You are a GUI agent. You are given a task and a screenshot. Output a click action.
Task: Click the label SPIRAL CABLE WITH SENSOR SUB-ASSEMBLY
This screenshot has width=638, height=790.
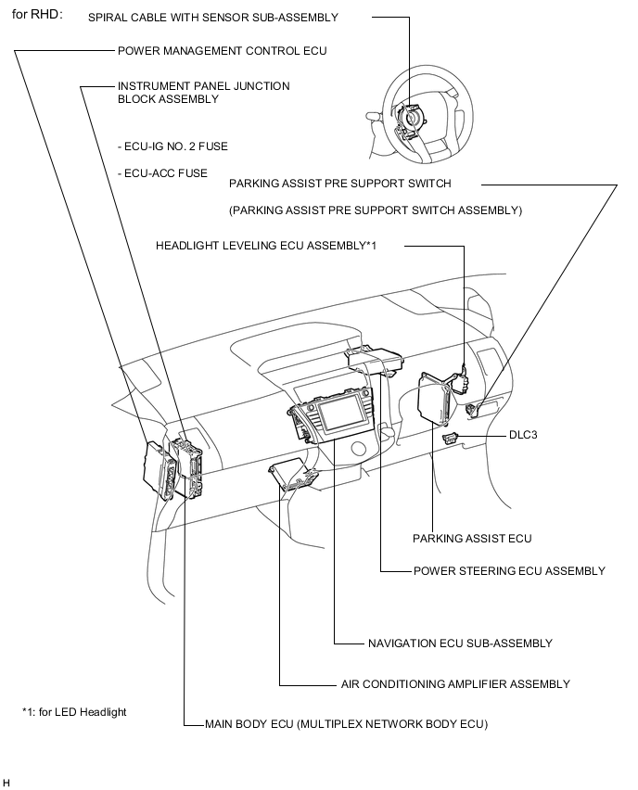click(x=213, y=18)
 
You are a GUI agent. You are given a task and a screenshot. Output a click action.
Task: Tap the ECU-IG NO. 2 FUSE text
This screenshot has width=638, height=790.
click(x=172, y=147)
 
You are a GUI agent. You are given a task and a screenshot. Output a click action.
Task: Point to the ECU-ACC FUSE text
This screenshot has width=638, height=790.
click(x=162, y=173)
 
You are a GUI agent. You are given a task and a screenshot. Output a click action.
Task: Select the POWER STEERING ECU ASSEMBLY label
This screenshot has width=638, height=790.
click(x=509, y=571)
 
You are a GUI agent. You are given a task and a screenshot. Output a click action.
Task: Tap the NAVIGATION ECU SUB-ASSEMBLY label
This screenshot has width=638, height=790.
click(x=460, y=643)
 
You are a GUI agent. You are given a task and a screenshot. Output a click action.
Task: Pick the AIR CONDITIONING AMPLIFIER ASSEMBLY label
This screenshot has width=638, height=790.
click(x=454, y=684)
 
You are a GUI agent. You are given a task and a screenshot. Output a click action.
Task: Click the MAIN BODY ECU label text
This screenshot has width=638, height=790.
click(x=346, y=723)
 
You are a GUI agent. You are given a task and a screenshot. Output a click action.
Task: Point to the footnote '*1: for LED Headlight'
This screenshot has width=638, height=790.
click(x=74, y=712)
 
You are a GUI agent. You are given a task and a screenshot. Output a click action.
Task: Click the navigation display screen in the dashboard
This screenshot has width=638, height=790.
click(x=336, y=410)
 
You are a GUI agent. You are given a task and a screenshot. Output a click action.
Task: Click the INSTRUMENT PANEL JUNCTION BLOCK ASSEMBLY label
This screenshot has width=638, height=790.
click(x=203, y=92)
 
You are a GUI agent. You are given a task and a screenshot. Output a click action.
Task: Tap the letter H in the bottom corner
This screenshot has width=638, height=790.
click(x=6, y=783)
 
